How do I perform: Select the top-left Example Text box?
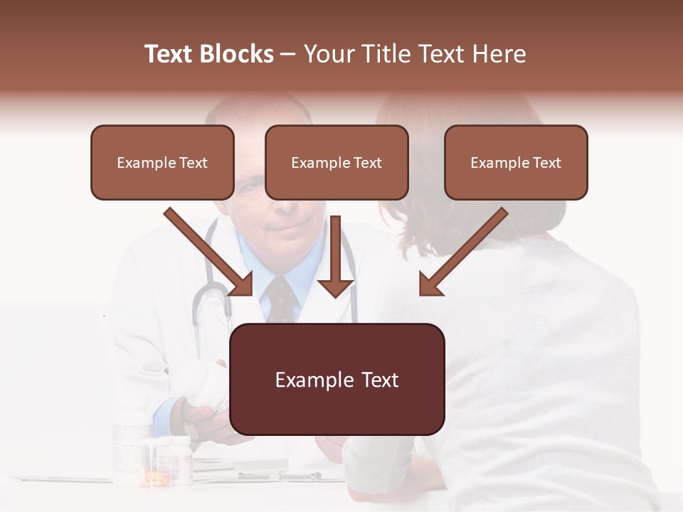coord(162,162)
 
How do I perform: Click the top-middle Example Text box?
coord(337,162)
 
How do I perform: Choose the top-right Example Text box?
coord(516,162)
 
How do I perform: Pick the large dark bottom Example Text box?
coord(337,380)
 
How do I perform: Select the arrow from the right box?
coord(462,252)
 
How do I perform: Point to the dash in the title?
coord(288,54)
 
